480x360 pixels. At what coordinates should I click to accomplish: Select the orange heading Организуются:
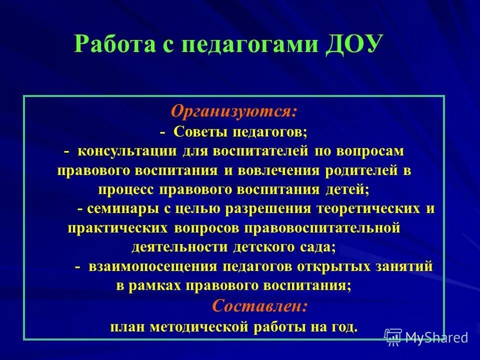tap(234, 111)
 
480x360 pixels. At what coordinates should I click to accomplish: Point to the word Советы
tap(200, 132)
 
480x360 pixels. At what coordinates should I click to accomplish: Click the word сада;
tap(317, 247)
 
